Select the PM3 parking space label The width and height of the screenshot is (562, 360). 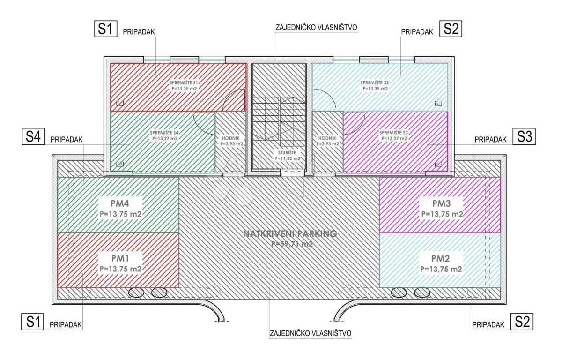tap(442, 203)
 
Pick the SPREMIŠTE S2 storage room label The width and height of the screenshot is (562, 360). tap(374, 82)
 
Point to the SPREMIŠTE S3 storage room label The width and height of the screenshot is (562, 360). tap(393, 133)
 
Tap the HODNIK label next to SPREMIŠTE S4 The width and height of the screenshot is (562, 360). tap(230, 138)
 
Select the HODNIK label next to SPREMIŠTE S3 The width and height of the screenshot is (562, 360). tap(327, 138)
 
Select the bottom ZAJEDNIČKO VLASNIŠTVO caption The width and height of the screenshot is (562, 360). tap(311, 334)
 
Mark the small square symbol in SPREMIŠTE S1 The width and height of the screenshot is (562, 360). tap(120, 103)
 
